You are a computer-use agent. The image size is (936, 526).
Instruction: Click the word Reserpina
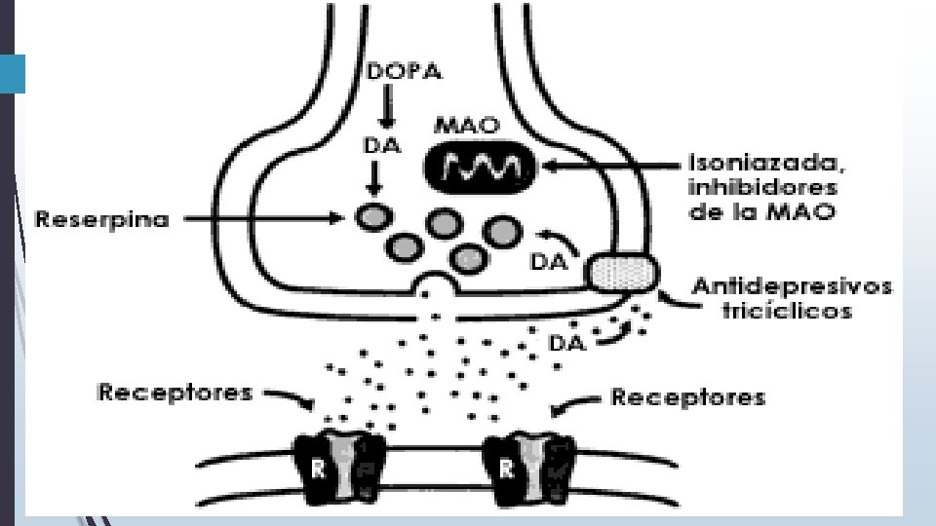[x=101, y=220]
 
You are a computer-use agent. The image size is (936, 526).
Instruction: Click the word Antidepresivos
[x=791, y=287]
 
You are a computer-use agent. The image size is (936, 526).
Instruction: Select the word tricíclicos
[x=791, y=312]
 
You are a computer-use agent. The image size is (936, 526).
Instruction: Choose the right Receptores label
[x=687, y=396]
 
